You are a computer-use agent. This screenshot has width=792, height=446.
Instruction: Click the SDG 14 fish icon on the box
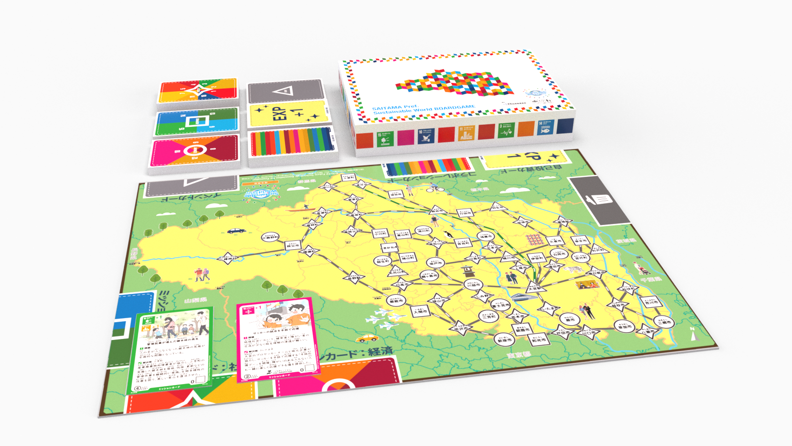click(544, 127)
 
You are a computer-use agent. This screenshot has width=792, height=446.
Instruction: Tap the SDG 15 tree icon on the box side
click(384, 139)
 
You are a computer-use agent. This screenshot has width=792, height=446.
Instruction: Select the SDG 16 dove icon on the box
click(425, 135)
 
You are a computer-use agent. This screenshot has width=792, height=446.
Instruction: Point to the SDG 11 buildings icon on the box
click(466, 132)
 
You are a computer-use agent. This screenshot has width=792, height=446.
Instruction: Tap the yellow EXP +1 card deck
click(289, 113)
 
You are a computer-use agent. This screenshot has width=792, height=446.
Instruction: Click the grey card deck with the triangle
click(286, 92)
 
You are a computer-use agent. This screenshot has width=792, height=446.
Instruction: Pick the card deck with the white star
click(198, 90)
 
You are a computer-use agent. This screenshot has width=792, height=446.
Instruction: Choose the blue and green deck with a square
click(197, 120)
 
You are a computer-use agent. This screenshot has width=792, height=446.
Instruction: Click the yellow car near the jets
click(367, 338)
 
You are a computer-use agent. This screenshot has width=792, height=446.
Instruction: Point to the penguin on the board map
click(448, 233)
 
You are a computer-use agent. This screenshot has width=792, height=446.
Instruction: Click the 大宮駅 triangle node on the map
click(533, 288)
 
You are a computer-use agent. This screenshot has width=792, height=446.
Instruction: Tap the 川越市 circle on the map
click(473, 285)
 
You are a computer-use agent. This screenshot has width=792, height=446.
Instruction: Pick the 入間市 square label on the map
click(419, 312)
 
